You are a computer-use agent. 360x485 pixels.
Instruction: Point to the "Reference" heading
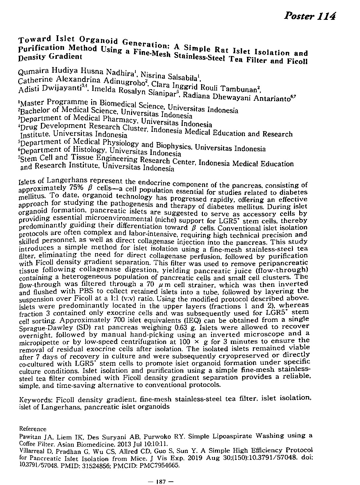point(33,429)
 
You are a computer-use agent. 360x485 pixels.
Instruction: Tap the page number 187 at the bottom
point(161,481)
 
